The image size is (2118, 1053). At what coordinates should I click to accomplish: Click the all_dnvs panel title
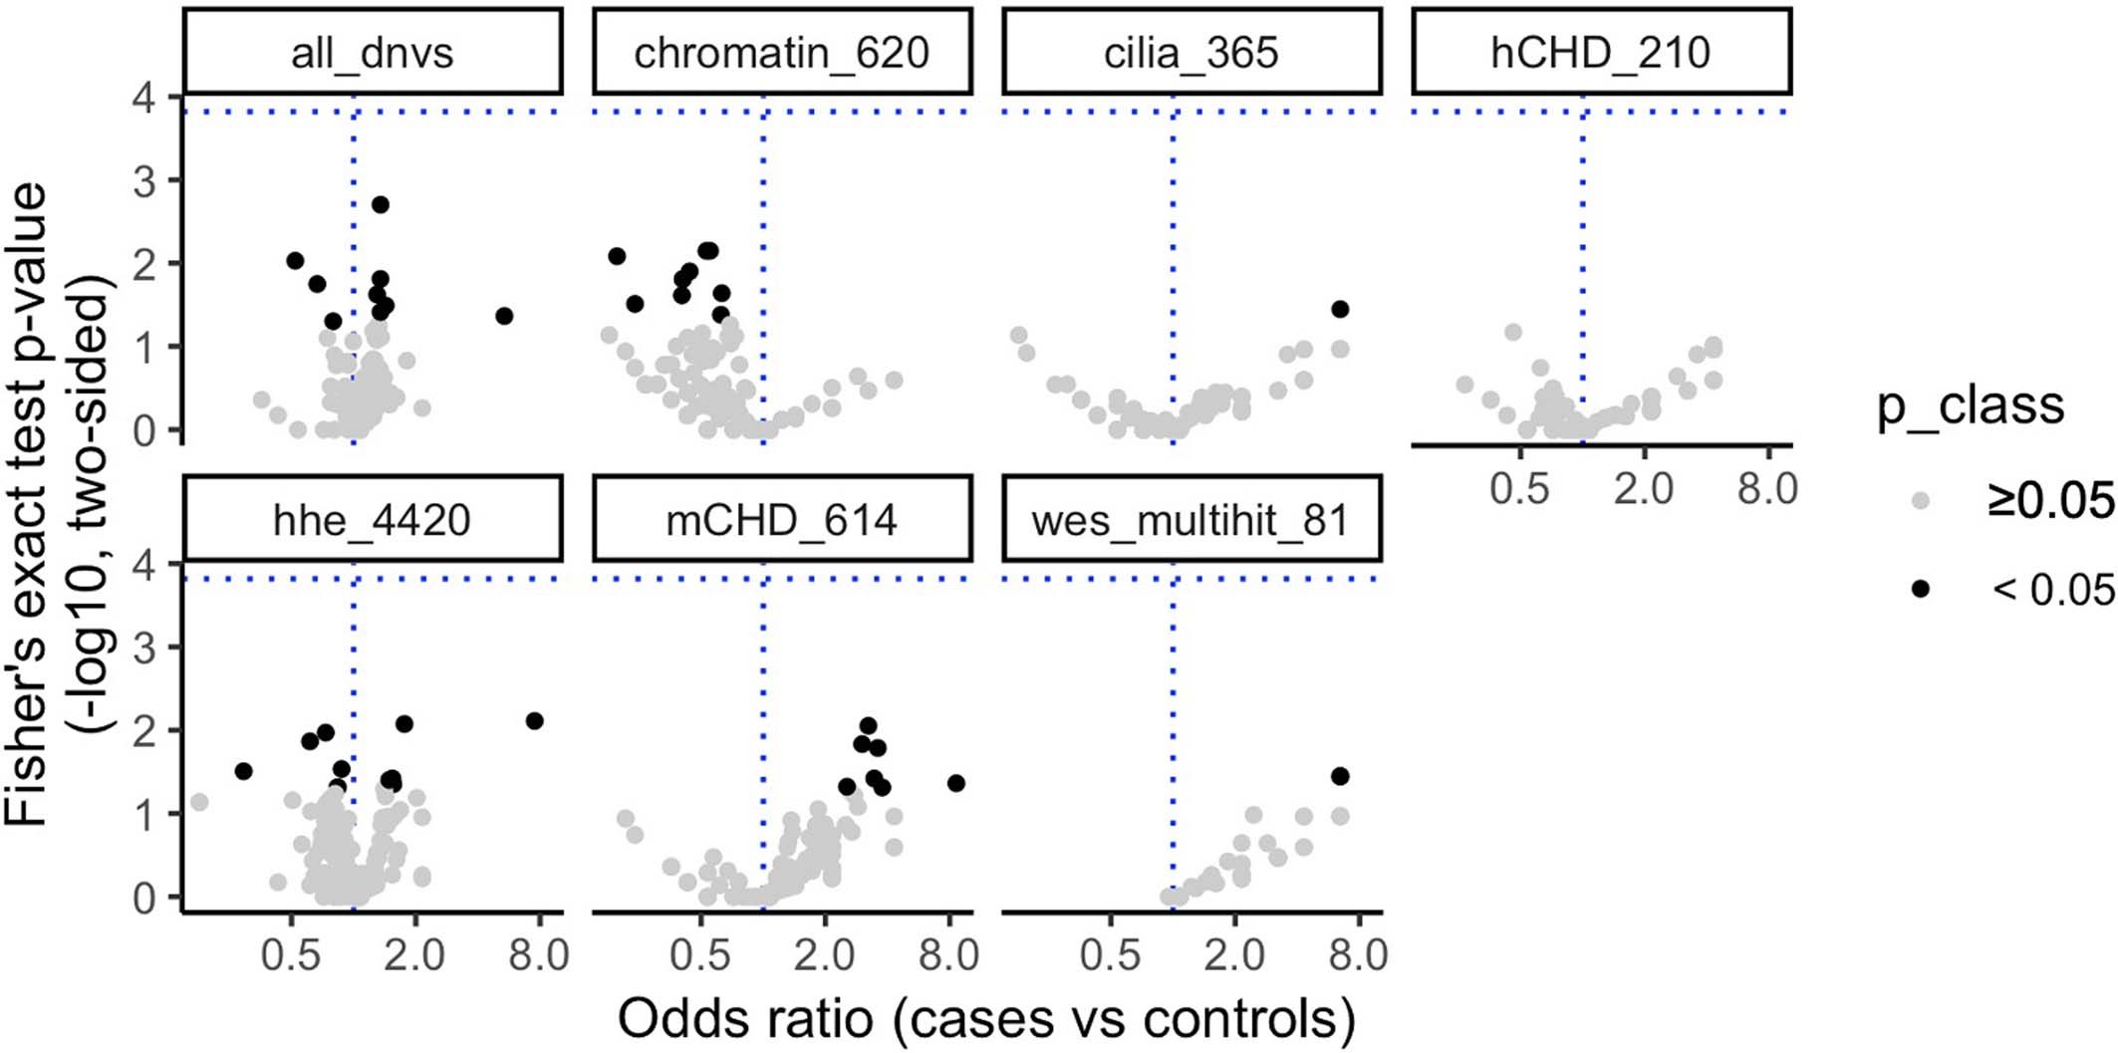373,53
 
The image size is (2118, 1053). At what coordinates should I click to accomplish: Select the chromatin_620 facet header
781,53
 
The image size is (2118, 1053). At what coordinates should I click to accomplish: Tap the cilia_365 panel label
1191,53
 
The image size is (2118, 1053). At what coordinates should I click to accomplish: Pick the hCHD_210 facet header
1600,53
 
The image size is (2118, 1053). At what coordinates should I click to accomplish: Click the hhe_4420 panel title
373,520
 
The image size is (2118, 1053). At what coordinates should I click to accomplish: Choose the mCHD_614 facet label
781,520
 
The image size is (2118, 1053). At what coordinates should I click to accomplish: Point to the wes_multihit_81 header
1191,520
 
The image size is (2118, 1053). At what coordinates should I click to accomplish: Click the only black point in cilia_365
1340,310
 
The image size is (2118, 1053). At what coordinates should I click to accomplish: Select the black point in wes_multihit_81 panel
1340,776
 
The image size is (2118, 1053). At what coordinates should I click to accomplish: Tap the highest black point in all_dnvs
380,204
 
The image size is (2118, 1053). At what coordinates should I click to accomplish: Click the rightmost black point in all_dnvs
504,316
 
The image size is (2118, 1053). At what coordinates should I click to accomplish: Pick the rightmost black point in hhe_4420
534,720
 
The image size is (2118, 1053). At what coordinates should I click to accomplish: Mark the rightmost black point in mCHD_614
955,783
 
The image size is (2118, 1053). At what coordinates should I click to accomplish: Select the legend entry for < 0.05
2052,590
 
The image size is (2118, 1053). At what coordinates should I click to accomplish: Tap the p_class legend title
1971,406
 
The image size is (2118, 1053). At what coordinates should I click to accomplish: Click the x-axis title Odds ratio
986,1019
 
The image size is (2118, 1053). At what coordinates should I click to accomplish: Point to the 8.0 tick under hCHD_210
1767,489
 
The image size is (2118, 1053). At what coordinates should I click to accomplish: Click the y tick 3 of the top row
147,180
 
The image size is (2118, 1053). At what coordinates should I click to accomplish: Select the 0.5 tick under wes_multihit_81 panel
1110,955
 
